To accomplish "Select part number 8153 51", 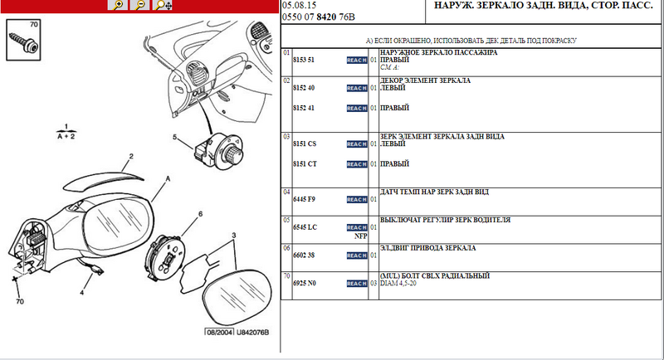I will pyautogui.click(x=305, y=61).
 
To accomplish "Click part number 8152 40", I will pyautogui.click(x=305, y=88).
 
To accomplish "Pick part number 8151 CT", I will pyautogui.click(x=305, y=164).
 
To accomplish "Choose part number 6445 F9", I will pyautogui.click(x=305, y=199).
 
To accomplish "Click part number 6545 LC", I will pyautogui.click(x=305, y=227).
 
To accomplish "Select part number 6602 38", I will pyautogui.click(x=305, y=255).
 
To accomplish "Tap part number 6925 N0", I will pyautogui.click(x=305, y=284).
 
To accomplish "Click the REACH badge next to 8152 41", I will pyautogui.click(x=356, y=109).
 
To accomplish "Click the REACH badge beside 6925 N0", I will pyautogui.click(x=356, y=284).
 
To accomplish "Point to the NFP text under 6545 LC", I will pyautogui.click(x=360, y=236).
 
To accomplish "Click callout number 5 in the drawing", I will pyautogui.click(x=175, y=136).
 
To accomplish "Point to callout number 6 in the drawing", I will pyautogui.click(x=199, y=215).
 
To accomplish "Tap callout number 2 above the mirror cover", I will pyautogui.click(x=130, y=156).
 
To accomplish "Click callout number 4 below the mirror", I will pyautogui.click(x=82, y=292).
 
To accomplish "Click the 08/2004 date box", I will pyautogui.click(x=219, y=333).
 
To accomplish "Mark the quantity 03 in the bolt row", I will pyautogui.click(x=373, y=284).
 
